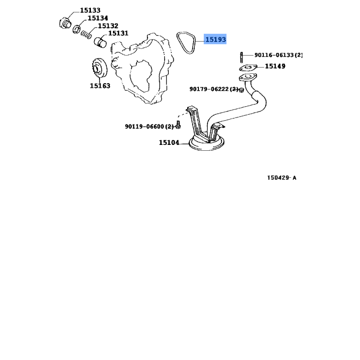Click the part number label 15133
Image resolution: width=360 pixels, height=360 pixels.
click(90, 10)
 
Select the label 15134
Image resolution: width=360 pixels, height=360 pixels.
click(98, 18)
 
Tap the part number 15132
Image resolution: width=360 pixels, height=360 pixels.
click(108, 26)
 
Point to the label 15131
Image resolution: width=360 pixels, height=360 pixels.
click(118, 33)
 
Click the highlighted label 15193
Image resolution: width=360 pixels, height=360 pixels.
click(216, 40)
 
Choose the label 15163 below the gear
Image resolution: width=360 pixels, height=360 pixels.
click(100, 86)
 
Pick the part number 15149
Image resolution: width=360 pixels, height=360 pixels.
click(275, 66)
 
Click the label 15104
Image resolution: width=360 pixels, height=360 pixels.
click(169, 143)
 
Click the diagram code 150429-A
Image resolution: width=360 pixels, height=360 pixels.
click(282, 178)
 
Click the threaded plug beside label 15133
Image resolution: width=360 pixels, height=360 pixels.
click(65, 24)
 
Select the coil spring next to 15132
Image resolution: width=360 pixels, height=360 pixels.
click(86, 35)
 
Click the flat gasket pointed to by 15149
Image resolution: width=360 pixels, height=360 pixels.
click(248, 68)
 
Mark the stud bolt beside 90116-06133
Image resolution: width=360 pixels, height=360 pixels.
click(242, 58)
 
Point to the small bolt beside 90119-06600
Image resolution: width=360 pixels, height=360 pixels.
click(178, 125)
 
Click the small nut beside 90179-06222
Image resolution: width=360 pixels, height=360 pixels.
click(241, 90)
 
